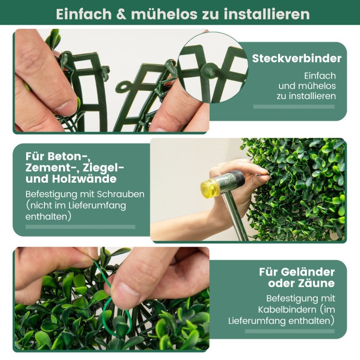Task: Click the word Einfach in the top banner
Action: [84, 14]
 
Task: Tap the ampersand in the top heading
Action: [121, 14]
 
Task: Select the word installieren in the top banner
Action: [267, 14]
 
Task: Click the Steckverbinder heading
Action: [297, 58]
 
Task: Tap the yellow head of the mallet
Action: [209, 187]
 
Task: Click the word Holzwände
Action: [84, 179]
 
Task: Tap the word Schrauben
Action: [121, 194]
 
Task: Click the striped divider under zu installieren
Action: [294, 107]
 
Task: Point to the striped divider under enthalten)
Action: [81, 227]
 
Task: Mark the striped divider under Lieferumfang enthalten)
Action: [290, 331]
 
